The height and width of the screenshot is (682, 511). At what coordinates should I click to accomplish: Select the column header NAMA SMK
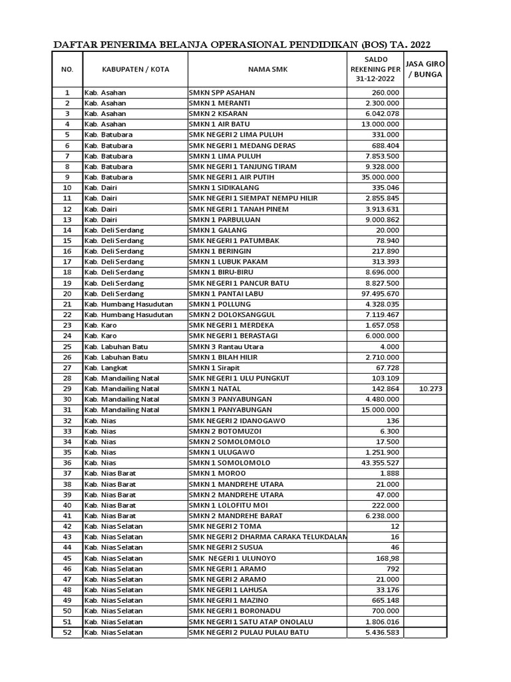click(267, 69)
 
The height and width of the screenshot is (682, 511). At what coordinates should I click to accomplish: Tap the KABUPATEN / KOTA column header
click(135, 69)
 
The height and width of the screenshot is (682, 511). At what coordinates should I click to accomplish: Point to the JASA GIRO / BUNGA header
click(425, 69)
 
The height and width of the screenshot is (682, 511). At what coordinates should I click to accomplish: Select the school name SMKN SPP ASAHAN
click(222, 93)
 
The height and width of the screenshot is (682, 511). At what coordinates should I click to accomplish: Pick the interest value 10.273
click(430, 389)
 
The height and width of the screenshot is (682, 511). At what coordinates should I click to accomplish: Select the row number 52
click(67, 632)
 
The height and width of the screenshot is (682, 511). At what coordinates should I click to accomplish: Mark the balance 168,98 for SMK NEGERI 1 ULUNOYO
click(388, 558)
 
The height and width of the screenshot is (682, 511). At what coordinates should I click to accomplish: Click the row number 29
click(67, 389)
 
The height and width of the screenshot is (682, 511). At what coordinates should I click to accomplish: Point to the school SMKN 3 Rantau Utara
click(226, 347)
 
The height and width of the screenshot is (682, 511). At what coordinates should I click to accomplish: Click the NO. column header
click(67, 69)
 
